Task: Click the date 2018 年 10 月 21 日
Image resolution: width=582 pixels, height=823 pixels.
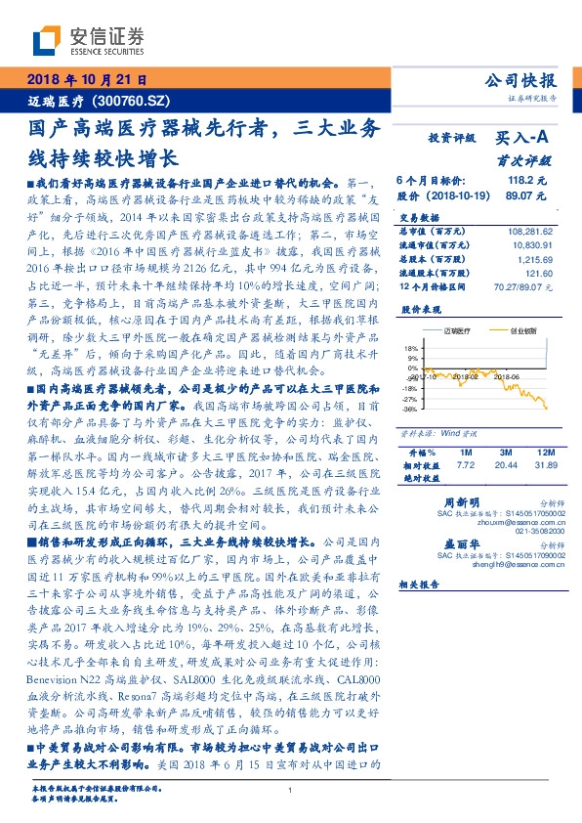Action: pos(86,79)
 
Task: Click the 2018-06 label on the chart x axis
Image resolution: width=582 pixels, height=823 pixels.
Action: pos(506,375)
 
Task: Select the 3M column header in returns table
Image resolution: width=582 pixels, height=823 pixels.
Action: pos(505,453)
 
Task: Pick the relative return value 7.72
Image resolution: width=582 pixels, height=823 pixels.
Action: pos(465,466)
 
